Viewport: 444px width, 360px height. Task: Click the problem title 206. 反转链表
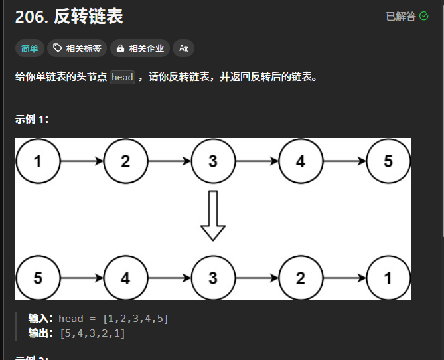[x=69, y=16]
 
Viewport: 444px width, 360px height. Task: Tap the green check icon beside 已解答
[x=424, y=16]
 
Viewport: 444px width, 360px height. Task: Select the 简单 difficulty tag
[x=30, y=48]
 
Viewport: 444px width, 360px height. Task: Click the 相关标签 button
[x=77, y=48]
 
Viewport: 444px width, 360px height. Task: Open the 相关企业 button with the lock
[x=140, y=48]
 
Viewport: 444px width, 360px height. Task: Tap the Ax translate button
[x=183, y=48]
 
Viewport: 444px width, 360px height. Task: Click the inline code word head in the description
[x=122, y=77]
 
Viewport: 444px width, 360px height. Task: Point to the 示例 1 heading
[x=32, y=120]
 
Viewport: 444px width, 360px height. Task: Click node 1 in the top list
[x=38, y=161]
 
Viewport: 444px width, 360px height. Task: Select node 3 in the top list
[x=213, y=161]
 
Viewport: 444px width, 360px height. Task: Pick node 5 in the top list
[x=388, y=161]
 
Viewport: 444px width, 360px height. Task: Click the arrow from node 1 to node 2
[x=82, y=161]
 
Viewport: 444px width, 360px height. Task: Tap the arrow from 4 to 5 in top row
[x=344, y=161]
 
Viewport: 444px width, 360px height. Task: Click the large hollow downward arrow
[x=213, y=215]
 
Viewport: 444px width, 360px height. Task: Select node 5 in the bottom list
[x=38, y=278]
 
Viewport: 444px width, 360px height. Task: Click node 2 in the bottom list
[x=301, y=278]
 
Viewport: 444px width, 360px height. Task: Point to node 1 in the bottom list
[x=388, y=278]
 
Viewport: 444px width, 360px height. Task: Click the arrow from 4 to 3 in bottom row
[x=170, y=278]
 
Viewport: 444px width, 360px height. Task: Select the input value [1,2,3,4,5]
[x=135, y=319]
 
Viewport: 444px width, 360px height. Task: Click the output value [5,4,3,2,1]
[x=93, y=333]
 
